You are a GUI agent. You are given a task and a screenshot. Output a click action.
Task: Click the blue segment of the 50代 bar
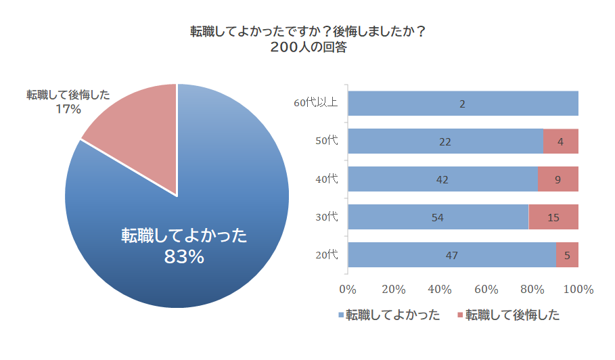(445, 141)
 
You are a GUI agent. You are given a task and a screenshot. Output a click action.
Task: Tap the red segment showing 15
(553, 217)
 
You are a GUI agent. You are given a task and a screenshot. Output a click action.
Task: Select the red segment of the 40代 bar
(558, 179)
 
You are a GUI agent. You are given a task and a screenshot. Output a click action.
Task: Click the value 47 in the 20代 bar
(451, 255)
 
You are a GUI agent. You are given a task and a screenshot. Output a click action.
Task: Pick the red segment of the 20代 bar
(567, 255)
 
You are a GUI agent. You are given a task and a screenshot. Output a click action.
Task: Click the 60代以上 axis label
(315, 104)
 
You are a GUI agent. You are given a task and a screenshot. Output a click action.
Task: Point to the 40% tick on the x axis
(440, 289)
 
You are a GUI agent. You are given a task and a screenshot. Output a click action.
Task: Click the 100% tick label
(578, 289)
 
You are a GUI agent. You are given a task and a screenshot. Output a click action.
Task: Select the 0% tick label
(347, 289)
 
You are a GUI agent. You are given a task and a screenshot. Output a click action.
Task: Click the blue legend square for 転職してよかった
(340, 315)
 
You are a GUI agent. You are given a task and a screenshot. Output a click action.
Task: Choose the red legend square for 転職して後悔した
(460, 315)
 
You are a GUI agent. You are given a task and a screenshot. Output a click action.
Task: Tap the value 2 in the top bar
(462, 104)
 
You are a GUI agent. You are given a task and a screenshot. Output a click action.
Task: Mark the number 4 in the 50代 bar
(560, 141)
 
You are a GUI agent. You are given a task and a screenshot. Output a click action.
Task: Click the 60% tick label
(486, 289)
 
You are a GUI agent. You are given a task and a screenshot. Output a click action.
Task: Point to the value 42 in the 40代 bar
(442, 179)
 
